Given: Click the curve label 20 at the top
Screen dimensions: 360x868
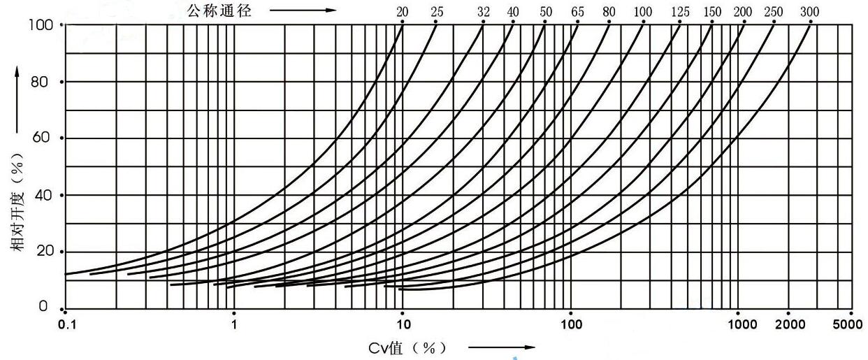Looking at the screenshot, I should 403,12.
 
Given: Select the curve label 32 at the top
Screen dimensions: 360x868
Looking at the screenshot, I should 484,12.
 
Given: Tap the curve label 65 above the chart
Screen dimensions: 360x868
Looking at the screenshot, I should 577,12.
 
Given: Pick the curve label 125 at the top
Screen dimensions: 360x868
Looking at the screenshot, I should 679,12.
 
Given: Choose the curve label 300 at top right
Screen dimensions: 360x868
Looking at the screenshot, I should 811,12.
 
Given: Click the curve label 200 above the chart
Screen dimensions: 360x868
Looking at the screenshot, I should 744,12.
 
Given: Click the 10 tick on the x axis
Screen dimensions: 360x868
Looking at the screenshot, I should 403,324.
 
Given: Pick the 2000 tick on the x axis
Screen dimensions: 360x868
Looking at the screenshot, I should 788,324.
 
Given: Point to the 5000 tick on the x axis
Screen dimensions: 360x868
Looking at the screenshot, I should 851,324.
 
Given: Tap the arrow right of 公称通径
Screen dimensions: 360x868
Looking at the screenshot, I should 302,10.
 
